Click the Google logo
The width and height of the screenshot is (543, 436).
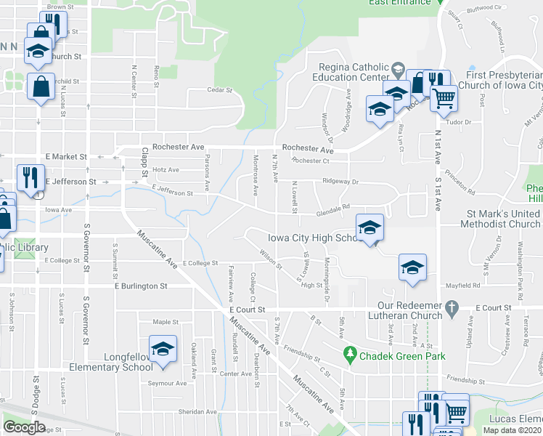[x=25, y=427]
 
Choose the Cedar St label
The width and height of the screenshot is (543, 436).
[x=219, y=91]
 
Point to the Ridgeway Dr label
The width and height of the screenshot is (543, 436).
[x=341, y=182]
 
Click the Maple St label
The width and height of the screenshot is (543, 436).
[x=166, y=321]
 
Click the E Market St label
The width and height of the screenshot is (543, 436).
[x=66, y=156]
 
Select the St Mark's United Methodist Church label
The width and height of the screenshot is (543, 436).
[x=494, y=219]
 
